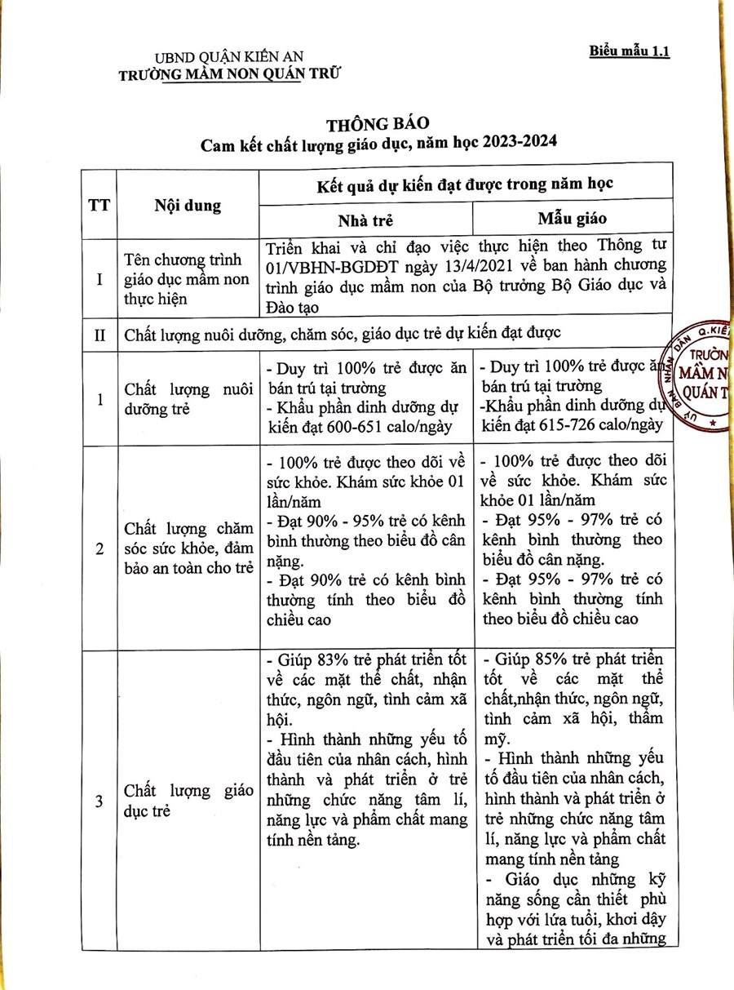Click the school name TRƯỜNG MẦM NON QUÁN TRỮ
pos(229,74)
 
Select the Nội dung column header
pos(188,205)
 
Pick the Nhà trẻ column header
pos(366,220)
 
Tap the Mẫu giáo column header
pos(571,219)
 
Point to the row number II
pos(99,334)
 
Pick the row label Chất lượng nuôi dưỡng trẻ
pos(188,399)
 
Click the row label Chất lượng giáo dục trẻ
pos(188,801)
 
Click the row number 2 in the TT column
pos(99,549)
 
